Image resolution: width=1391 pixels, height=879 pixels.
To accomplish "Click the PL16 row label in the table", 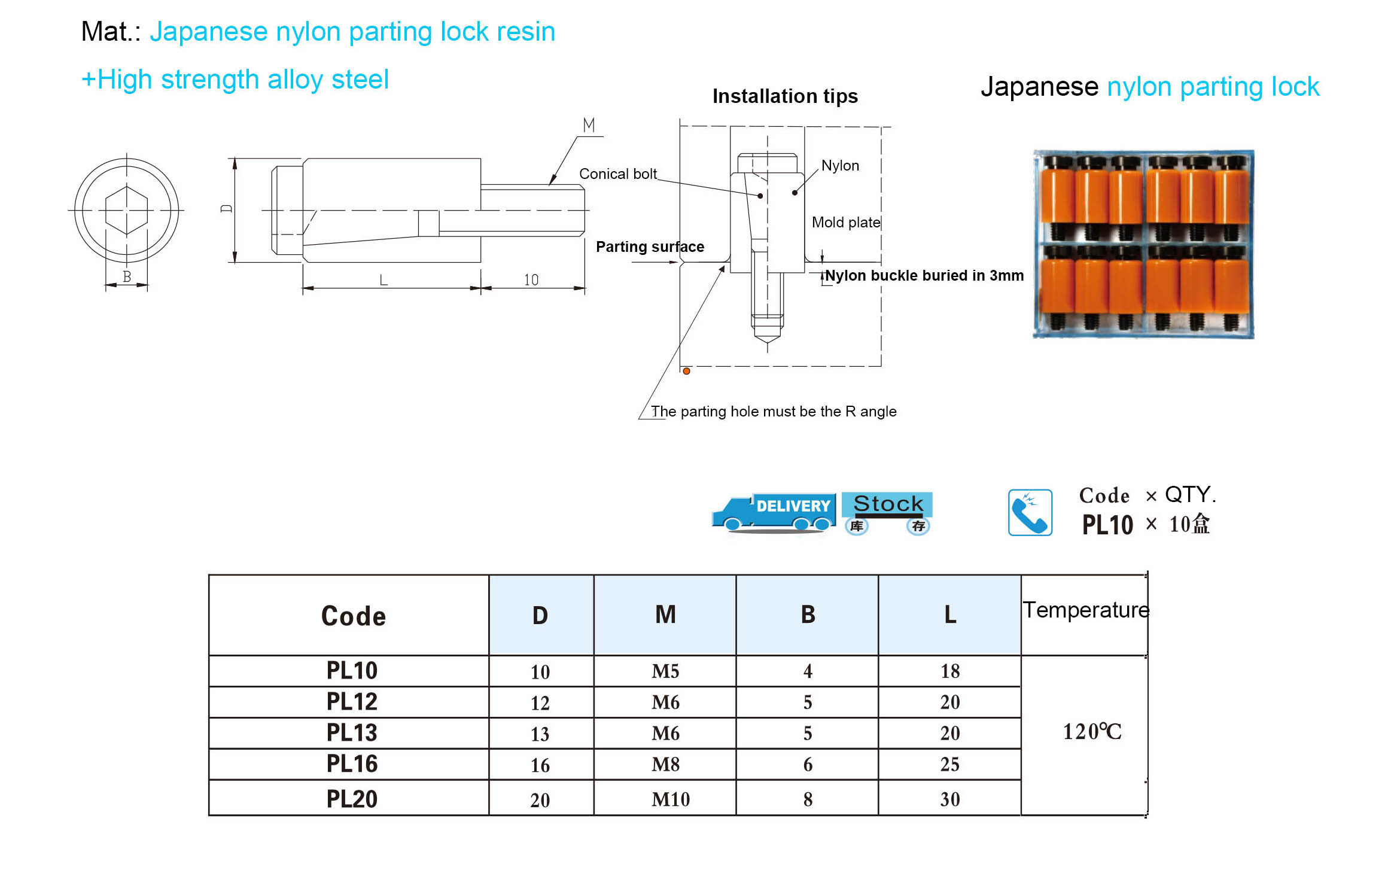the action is coord(352,764).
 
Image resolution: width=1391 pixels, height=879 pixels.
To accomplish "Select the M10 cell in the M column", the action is coord(671,799).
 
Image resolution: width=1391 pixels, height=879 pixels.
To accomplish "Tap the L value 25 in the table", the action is coord(949,764).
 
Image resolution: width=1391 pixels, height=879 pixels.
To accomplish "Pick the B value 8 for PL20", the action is coord(808,799).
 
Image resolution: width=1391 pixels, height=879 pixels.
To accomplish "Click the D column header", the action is coord(540,615).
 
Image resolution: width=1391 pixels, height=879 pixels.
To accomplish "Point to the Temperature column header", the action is coord(1086,610).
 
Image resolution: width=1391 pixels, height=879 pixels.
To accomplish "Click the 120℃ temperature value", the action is coord(1092,731).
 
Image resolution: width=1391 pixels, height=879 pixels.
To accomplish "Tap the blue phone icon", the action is coord(1030,512).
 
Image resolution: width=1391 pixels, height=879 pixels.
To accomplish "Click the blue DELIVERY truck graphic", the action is coord(773,513).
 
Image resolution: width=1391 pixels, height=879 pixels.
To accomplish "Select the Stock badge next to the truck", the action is coord(887,513).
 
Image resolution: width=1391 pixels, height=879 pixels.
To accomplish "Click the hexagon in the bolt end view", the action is coord(126,210).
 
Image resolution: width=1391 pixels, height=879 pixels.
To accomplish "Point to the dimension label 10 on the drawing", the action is coord(531,279).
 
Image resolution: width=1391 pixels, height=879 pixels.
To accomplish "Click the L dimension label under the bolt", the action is coord(383,279).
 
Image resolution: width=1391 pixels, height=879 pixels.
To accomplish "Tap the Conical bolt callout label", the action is coord(618,174).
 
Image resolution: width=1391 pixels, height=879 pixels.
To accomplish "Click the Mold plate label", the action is coord(846,222).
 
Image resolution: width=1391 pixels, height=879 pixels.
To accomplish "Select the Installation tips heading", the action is coord(785,96).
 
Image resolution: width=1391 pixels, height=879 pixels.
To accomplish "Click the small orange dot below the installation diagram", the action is coord(687,371).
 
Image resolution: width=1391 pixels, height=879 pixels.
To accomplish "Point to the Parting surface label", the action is coord(650,247).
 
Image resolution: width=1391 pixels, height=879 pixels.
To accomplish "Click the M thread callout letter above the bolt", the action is coord(589,125).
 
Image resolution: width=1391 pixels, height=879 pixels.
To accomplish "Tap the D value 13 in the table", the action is coord(540,734).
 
